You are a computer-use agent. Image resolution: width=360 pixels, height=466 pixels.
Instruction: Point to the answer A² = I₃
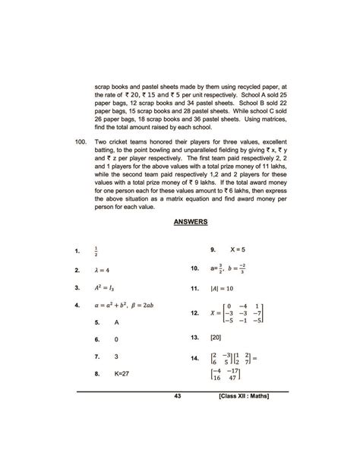coord(103,288)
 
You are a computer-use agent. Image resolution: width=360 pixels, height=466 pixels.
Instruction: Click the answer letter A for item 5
coord(117,322)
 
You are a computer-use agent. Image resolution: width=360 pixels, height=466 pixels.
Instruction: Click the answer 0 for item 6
coord(116,339)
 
